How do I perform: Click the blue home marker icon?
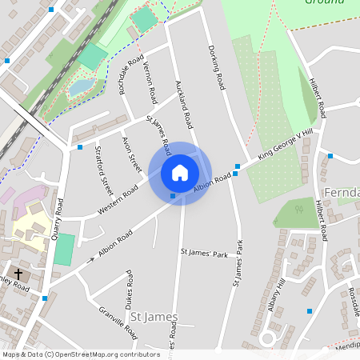tap(180, 173)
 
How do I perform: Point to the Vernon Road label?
tap(150, 83)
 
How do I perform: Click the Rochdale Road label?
tap(132, 75)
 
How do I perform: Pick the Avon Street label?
tap(131, 154)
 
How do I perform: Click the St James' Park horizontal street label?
tap(204, 254)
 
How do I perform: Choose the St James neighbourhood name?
tap(154, 317)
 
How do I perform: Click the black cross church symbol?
tap(18, 274)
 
